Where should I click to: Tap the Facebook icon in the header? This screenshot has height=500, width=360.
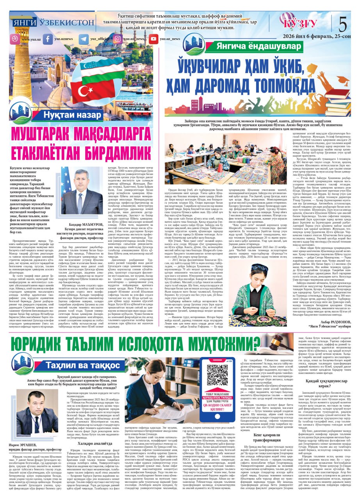[x=48, y=39]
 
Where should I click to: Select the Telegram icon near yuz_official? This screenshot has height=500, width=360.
[x=84, y=39]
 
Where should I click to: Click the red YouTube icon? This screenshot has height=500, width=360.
[x=153, y=39]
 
